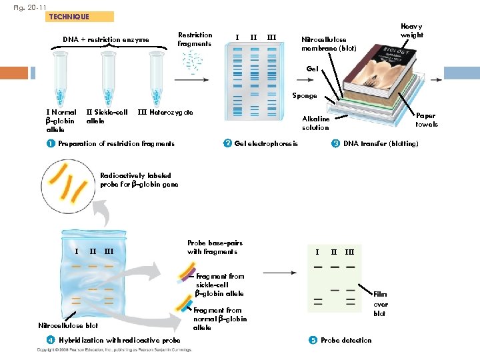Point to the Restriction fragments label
(x=195, y=39)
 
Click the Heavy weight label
(x=411, y=30)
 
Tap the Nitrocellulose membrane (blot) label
(x=329, y=44)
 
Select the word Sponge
(x=304, y=96)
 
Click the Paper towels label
(x=427, y=120)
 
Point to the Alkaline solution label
(x=315, y=123)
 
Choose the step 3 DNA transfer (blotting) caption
(x=375, y=143)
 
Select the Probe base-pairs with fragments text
(x=212, y=247)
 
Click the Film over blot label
(x=379, y=303)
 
